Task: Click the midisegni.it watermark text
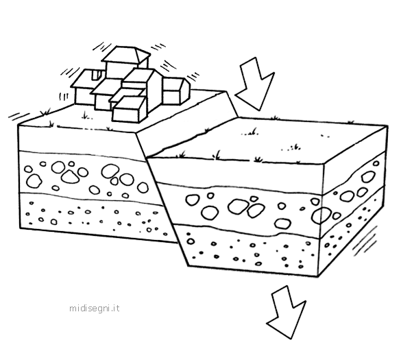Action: pos(95,308)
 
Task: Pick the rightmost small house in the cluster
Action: pos(176,91)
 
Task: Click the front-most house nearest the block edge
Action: pos(130,109)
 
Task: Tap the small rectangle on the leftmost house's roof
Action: pos(97,75)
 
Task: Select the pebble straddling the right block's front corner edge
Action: pos(321,215)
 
